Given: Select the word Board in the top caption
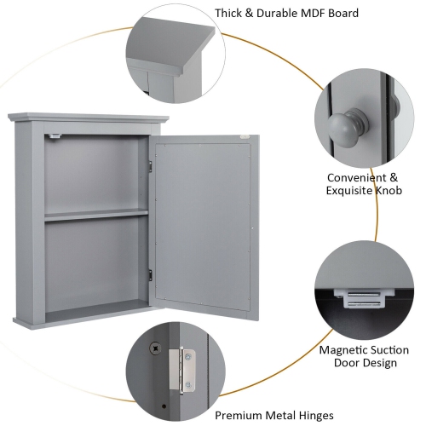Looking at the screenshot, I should [341, 14].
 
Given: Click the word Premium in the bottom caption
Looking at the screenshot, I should [239, 416].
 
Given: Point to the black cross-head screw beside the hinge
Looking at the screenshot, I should [155, 348].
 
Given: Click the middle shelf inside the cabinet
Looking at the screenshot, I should [96, 216].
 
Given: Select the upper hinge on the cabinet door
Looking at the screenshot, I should [150, 164].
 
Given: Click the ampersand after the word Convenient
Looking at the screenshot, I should [394, 177].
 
